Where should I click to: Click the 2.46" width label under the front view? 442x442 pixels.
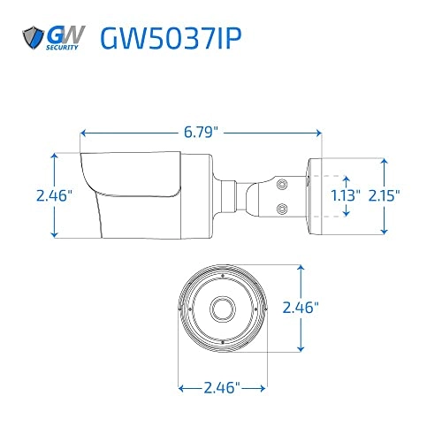tap(222, 387)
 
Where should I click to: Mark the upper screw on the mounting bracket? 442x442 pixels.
tap(282, 185)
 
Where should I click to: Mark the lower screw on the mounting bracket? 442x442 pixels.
tap(282, 209)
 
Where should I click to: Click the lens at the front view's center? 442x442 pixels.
tap(221, 309)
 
